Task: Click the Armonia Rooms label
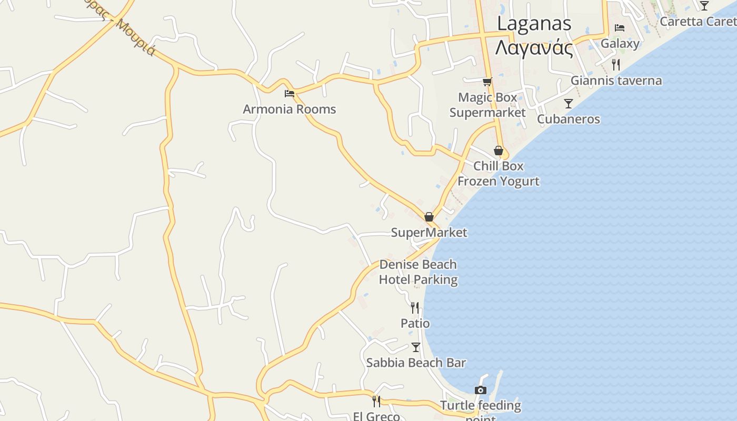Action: [289, 109]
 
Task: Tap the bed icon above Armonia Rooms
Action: [289, 94]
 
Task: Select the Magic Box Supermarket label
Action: [487, 105]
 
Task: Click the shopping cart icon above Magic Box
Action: [487, 82]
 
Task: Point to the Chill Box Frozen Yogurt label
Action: [498, 174]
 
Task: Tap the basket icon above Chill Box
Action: [498, 151]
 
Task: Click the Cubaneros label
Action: [568, 119]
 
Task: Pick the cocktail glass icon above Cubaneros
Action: [568, 104]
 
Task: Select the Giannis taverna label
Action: [616, 81]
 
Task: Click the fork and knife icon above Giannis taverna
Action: [615, 65]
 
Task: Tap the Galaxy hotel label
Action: [620, 43]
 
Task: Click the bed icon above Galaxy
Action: [620, 28]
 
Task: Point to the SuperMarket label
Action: [429, 233]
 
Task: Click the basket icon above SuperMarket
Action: [429, 217]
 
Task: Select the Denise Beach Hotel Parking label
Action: [418, 272]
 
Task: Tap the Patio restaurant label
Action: [415, 323]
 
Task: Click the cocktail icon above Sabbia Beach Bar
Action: [415, 347]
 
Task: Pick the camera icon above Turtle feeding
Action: [480, 390]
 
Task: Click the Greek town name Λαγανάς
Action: [534, 48]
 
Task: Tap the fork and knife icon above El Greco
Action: [376, 401]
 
